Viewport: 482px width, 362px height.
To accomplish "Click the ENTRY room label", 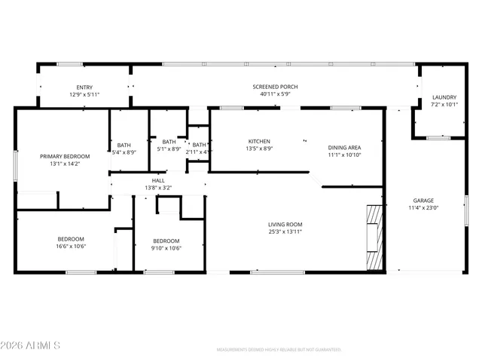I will coord(84,87).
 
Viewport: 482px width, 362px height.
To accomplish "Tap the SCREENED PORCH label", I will coord(275,87).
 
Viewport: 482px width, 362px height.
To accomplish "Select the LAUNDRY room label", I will coord(444,97).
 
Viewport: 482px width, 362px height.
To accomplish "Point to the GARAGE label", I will coord(423,201).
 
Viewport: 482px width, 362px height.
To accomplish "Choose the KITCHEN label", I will coord(259,141).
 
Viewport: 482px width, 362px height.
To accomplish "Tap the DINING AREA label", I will coord(344,147).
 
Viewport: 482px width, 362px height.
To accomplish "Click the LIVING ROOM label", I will coord(285,224).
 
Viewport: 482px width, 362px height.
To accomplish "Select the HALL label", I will coord(158,180).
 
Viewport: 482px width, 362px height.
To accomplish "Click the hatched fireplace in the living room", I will coord(374,237).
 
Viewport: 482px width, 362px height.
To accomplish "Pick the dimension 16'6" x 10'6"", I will coord(71,247).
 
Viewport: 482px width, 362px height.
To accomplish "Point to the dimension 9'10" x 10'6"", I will coord(166,247).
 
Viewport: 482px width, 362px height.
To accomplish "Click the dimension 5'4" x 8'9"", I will coord(124,152).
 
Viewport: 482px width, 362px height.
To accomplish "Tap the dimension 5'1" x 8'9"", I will coord(169,149).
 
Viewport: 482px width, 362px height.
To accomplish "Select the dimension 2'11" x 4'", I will coord(199,152).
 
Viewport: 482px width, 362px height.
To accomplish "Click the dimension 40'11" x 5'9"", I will coord(275,94).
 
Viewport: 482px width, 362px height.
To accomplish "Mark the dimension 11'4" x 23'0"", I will coord(423,207).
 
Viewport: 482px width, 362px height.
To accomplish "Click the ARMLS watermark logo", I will coord(31,345).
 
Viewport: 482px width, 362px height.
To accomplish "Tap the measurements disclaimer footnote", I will coord(279,350).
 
